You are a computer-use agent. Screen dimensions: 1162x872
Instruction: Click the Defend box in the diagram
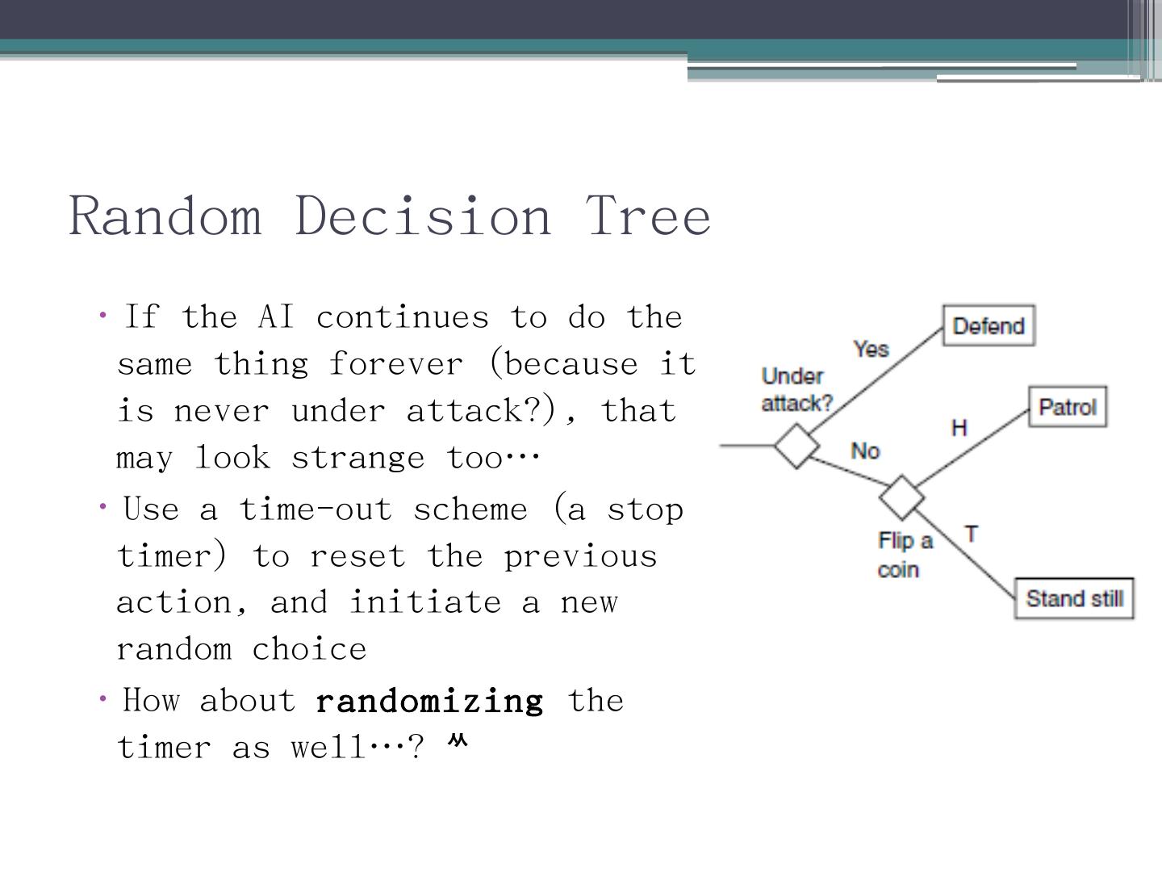pos(989,326)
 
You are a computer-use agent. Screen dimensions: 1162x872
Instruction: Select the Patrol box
pos(1067,407)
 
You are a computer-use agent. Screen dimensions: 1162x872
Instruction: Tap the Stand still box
pos(1074,598)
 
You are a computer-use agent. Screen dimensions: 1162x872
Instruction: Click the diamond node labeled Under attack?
pos(796,445)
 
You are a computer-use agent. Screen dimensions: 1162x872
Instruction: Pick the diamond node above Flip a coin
pos(901,497)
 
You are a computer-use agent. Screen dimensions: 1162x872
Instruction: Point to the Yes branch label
pos(871,349)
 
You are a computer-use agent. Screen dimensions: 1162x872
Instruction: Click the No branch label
pos(864,451)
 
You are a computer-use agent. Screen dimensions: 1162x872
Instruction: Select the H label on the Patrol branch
pos(959,427)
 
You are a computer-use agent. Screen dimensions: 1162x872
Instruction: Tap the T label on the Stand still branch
pos(972,534)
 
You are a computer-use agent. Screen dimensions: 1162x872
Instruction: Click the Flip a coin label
pos(904,555)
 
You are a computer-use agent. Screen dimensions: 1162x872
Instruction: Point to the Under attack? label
pos(796,389)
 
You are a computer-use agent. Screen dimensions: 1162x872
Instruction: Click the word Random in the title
pos(165,216)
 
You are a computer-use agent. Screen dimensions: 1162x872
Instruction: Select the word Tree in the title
pos(648,216)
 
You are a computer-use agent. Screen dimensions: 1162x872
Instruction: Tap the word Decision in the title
pos(423,216)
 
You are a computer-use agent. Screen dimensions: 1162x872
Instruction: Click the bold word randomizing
pos(429,701)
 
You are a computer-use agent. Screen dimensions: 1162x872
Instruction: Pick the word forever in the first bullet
pos(396,364)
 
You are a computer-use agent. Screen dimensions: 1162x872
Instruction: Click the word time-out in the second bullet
pos(315,509)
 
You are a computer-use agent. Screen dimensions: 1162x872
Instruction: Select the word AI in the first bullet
pos(276,317)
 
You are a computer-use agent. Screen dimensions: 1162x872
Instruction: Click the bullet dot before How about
pos(103,699)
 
